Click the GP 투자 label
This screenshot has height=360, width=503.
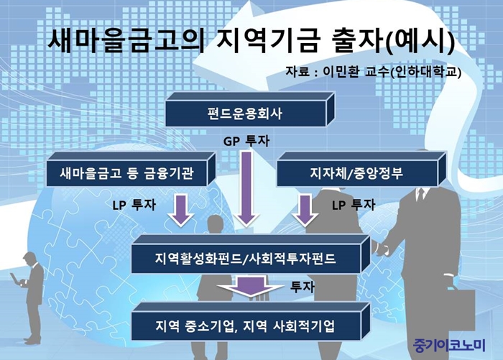click(246, 141)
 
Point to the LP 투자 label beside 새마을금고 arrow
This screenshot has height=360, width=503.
click(134, 205)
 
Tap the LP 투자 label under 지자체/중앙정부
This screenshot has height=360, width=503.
click(354, 205)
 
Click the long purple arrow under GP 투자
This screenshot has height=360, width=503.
click(246, 189)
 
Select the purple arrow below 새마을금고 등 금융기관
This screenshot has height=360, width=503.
click(181, 210)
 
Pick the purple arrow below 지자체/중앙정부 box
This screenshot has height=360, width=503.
click(305, 210)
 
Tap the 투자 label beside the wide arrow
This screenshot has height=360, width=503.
click(303, 287)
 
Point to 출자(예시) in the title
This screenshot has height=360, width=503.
click(392, 41)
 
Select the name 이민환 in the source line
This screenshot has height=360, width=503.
click(341, 71)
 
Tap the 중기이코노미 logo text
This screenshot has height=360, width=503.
click(449, 346)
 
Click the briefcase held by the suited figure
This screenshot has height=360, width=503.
click(459, 308)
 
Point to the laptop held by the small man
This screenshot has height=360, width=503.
click(15, 279)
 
